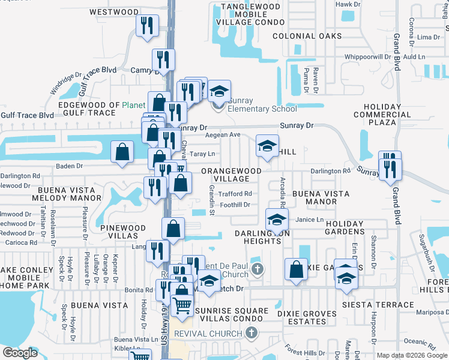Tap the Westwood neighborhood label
pyautogui.click(x=113, y=11)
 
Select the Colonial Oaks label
pyautogui.click(x=307, y=36)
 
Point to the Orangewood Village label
pyautogui.click(x=231, y=175)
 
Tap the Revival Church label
pyautogui.click(x=208, y=333)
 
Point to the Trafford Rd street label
pyautogui.click(x=235, y=193)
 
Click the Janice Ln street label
pyautogui.click(x=310, y=220)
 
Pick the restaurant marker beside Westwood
pyautogui.click(x=146, y=26)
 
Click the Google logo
pyautogui.click(x=20, y=352)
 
